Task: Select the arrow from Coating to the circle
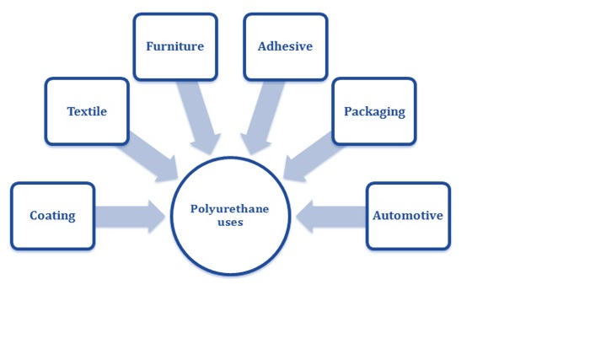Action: [129, 216]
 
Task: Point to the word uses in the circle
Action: [229, 223]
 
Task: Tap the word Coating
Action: [52, 216]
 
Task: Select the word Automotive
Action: [408, 216]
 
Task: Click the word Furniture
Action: [174, 46]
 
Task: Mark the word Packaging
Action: [374, 111]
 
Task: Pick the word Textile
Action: [87, 111]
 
